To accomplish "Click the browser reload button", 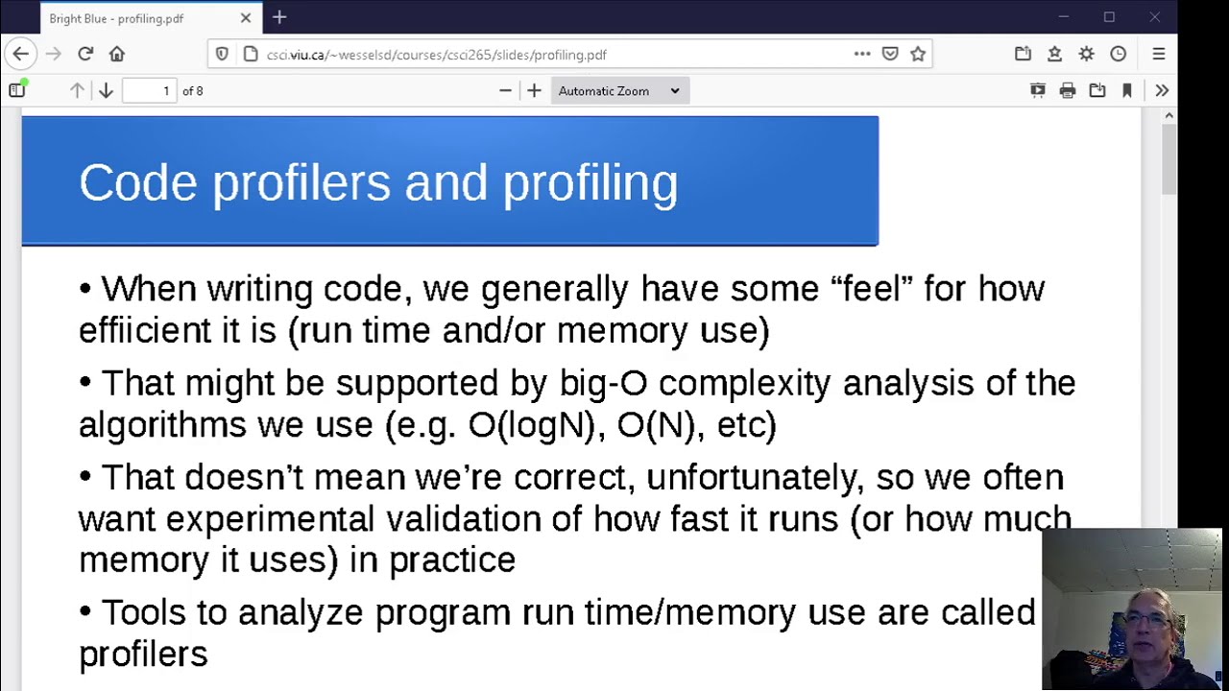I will tap(85, 55).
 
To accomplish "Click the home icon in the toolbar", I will tap(117, 55).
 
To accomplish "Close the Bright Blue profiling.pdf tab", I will tap(246, 18).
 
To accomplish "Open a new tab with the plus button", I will tap(279, 17).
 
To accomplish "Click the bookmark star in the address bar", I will tap(918, 55).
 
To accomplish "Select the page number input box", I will tap(150, 91).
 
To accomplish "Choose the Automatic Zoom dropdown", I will tap(618, 91).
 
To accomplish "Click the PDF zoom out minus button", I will tap(505, 91).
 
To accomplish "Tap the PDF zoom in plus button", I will tap(535, 91).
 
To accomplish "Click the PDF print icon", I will tap(1068, 91).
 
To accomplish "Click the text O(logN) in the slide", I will tap(531, 424).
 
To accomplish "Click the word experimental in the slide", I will tap(271, 519).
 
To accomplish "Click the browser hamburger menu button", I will tap(1159, 55).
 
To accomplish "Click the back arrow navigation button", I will tap(21, 55).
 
